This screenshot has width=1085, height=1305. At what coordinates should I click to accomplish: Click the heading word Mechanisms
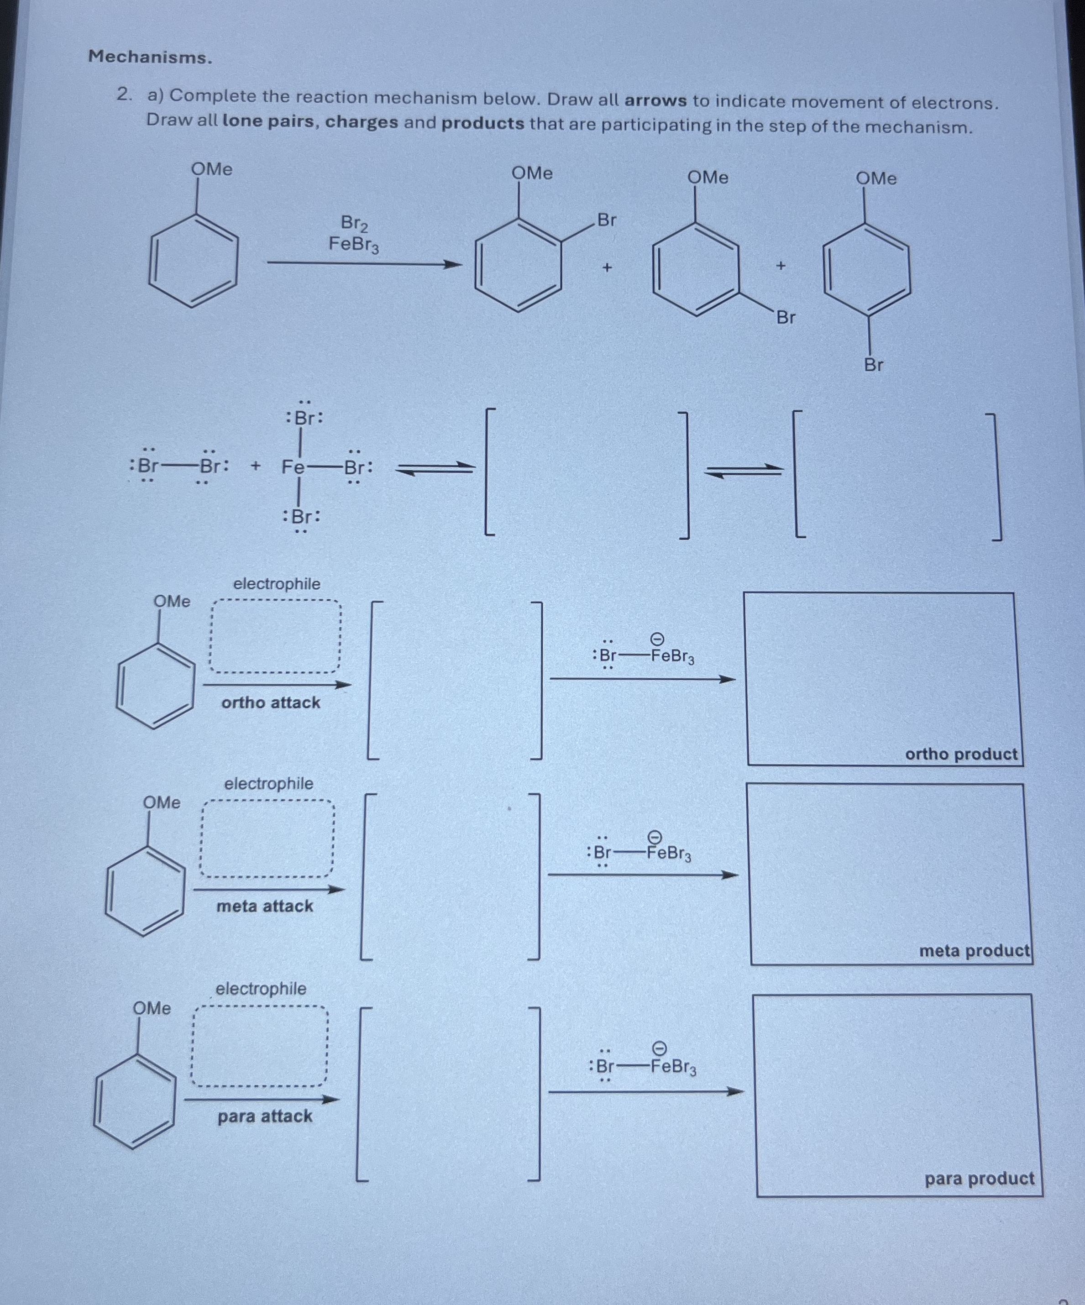(x=150, y=57)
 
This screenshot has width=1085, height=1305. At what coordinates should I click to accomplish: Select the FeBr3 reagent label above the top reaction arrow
(x=354, y=244)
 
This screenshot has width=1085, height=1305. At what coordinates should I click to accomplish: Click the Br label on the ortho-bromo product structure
(x=607, y=220)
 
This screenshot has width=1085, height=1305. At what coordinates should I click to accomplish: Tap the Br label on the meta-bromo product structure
(x=786, y=318)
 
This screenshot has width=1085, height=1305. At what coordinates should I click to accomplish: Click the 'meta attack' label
(x=265, y=906)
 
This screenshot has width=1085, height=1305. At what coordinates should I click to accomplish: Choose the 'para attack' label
(x=265, y=1116)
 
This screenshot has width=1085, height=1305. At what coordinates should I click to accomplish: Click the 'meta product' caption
(x=974, y=951)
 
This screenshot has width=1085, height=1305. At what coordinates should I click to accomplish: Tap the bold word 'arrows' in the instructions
(x=655, y=101)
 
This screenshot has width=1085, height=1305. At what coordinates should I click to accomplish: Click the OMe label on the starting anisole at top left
(x=211, y=169)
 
